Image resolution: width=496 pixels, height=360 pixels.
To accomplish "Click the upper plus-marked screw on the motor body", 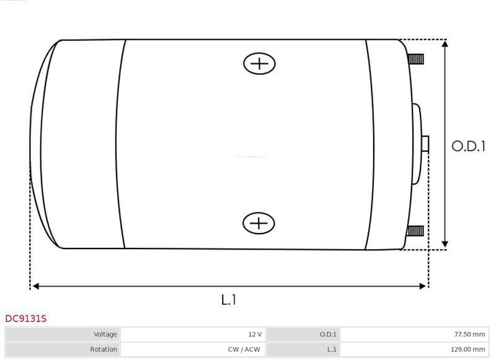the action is [x=259, y=64].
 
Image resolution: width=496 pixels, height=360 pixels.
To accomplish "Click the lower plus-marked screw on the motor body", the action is [x=259, y=223].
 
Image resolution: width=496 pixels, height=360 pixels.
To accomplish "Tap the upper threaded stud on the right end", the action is [x=415, y=59].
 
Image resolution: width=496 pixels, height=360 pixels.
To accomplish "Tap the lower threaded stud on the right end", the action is [x=415, y=231].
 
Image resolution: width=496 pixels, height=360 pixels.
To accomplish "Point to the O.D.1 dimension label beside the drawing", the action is [x=468, y=146].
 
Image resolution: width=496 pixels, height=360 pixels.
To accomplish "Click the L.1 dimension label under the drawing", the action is [x=228, y=300].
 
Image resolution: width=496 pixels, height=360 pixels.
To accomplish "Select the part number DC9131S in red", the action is [x=26, y=318].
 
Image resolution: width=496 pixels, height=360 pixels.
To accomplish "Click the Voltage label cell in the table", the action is [x=63, y=335].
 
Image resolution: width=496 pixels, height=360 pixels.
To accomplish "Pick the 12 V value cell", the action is [x=193, y=335].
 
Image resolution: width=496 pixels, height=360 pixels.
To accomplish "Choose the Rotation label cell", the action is [x=63, y=349].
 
